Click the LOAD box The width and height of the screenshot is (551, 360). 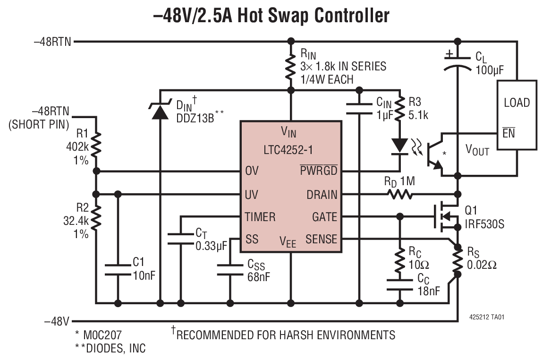click(x=517, y=115)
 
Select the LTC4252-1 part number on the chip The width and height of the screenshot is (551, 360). click(x=290, y=151)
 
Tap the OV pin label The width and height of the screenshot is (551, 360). click(x=252, y=171)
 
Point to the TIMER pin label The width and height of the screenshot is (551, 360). click(x=260, y=217)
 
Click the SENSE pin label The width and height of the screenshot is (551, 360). click(x=321, y=239)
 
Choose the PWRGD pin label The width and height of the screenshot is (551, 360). click(x=319, y=171)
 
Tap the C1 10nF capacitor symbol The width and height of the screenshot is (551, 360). click(x=118, y=270)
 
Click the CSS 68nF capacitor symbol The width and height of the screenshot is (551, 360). click(x=230, y=270)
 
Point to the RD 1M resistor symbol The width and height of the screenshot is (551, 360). click(x=399, y=194)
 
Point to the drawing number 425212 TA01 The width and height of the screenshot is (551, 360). click(x=487, y=317)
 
